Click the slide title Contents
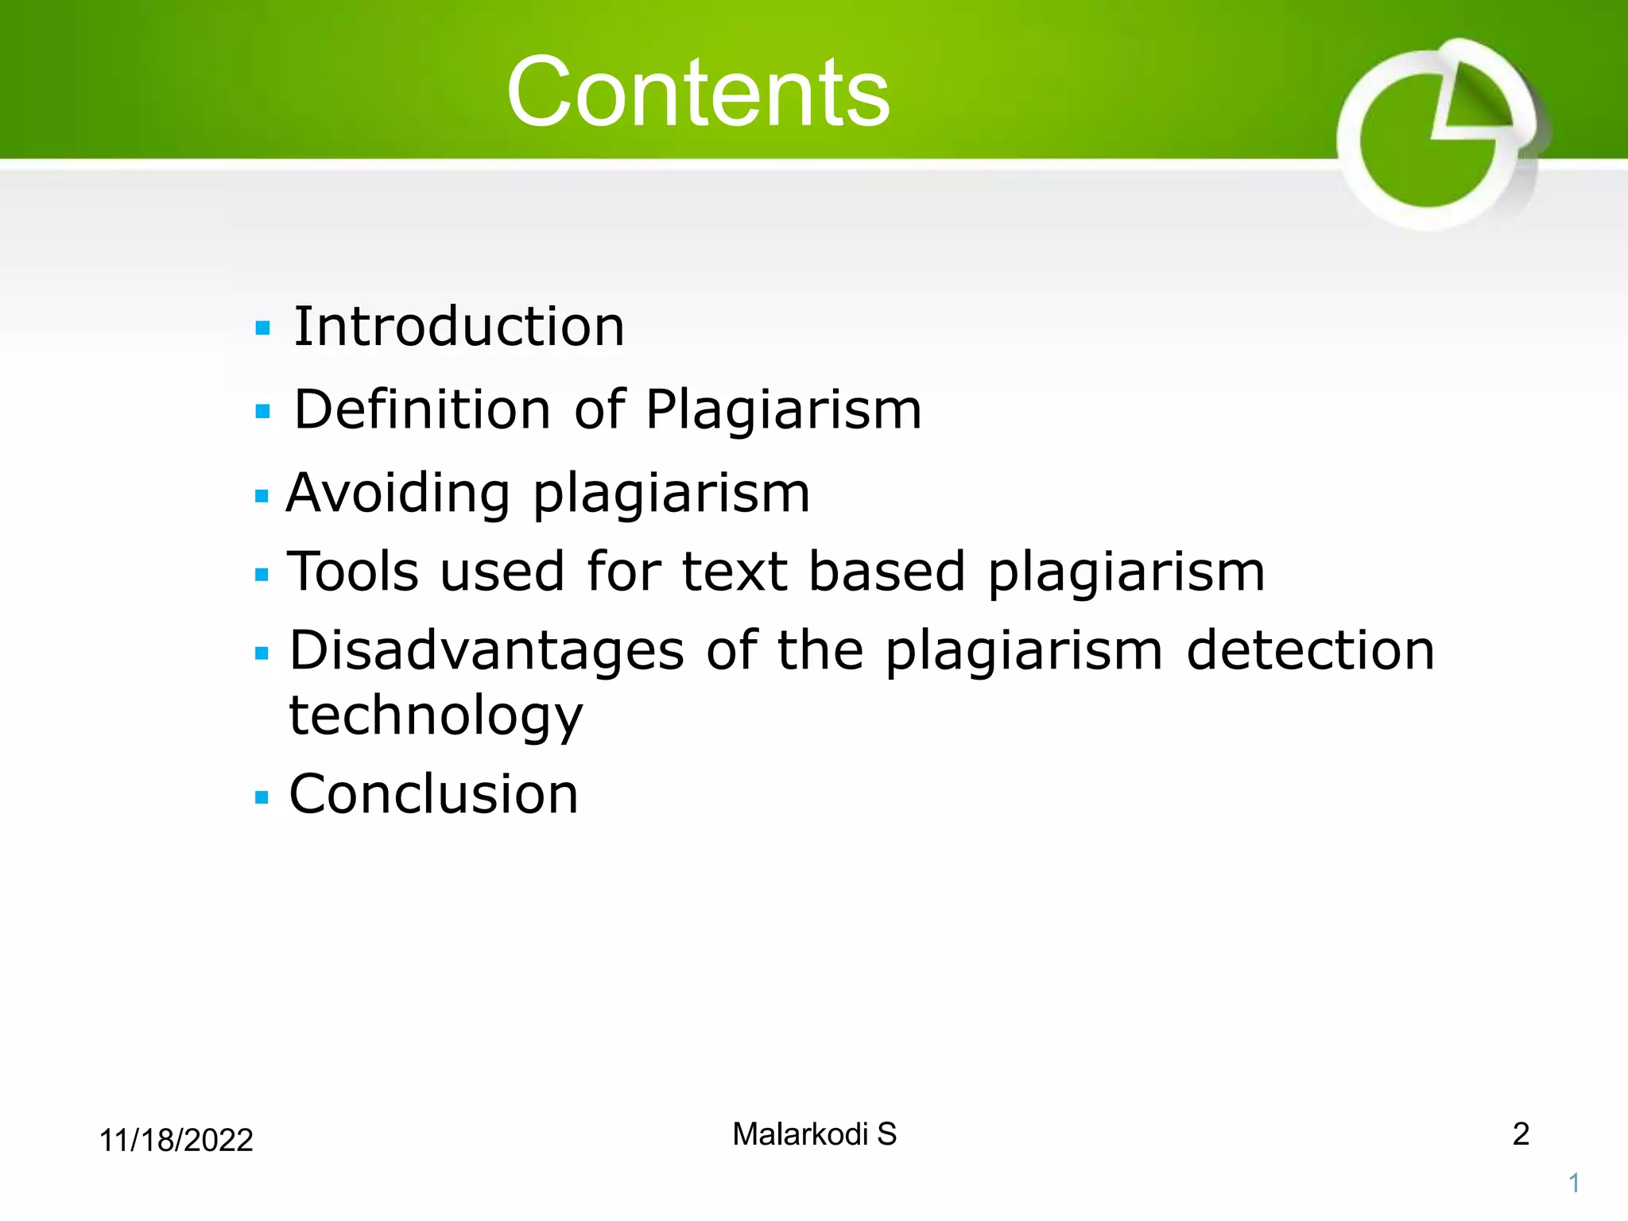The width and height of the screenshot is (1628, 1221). coord(697,92)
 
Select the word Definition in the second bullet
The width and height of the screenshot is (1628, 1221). coord(422,410)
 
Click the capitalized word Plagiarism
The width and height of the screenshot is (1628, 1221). coord(783,410)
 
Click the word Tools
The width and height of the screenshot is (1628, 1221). coord(352,572)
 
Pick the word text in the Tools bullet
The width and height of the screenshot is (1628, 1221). coord(735,572)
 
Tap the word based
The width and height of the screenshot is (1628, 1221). coord(886,572)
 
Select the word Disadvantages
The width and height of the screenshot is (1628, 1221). coord(486,651)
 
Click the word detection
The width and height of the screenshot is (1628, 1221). coord(1310,651)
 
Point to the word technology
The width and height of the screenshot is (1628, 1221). coord(436,715)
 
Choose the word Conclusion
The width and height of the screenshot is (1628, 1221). coord(433,794)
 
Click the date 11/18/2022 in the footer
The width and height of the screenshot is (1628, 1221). coord(176,1141)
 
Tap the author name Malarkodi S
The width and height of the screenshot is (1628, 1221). coord(814,1134)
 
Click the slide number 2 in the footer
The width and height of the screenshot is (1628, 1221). coord(1520,1134)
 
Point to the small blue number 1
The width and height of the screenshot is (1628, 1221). coord(1573,1184)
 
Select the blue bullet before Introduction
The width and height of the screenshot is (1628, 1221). coord(263,328)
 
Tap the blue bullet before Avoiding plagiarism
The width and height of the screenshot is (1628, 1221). coord(262,497)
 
